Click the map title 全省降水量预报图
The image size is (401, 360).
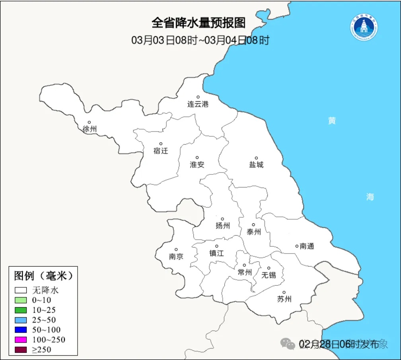pos(199,23)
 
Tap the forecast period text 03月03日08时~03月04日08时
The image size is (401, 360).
pos(200,40)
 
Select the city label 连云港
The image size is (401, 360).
pos(198,105)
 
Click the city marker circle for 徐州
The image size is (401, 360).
pos(89,122)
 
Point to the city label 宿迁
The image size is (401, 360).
pos(161,151)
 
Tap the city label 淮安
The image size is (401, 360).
pos(197,165)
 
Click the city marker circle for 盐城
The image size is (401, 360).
pos(256,158)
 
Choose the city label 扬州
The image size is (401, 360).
pos(222,226)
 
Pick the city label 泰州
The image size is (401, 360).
pos(253,232)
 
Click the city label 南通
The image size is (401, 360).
pos(307,246)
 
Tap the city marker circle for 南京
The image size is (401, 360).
pos(176,250)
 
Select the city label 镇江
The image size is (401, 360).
pos(216,254)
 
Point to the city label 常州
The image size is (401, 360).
pos(245,273)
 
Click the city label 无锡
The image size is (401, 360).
pos(269,275)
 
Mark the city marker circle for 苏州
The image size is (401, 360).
pos(284,292)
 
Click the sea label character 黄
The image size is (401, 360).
pos(332,121)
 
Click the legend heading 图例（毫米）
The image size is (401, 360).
pos(43,275)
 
